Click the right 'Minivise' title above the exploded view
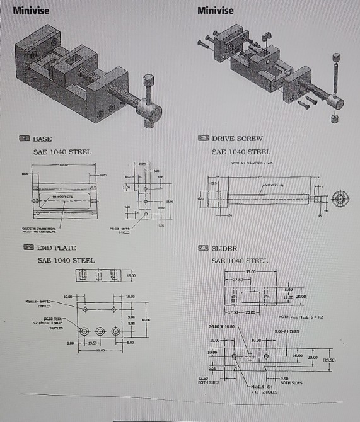(215, 11)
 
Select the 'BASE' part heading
(42, 139)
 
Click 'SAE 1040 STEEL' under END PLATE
(66, 260)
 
